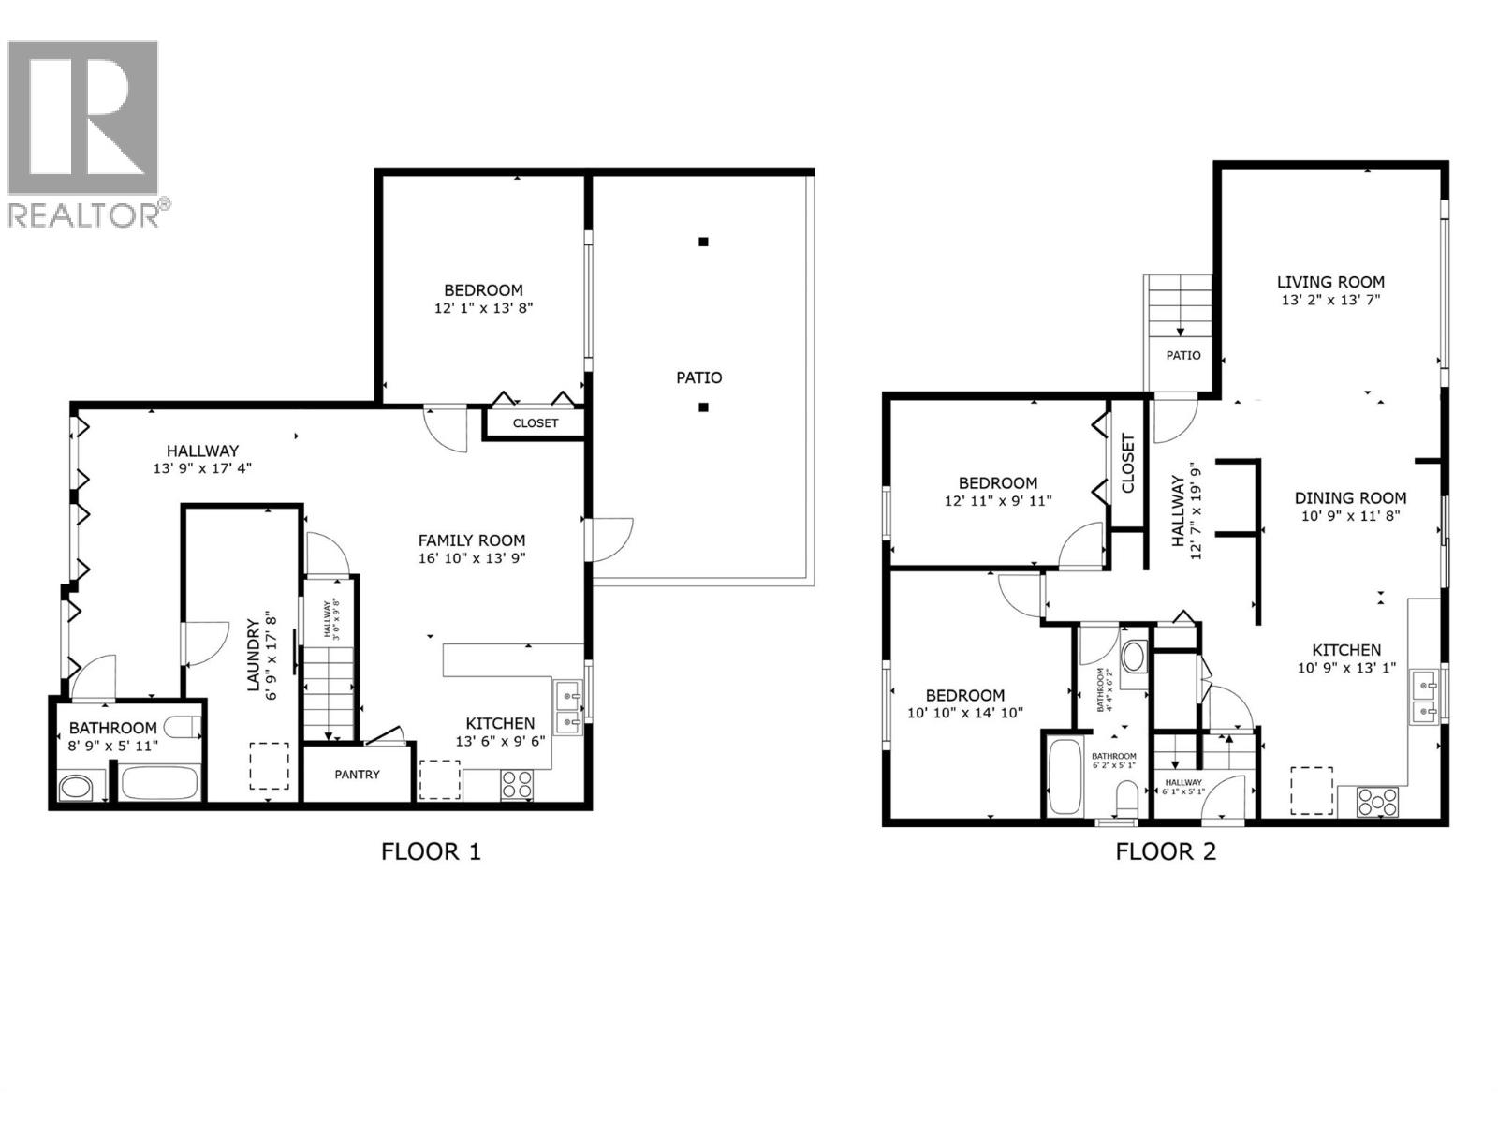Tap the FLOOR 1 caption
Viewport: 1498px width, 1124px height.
click(431, 851)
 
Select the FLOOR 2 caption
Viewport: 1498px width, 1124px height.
click(1165, 851)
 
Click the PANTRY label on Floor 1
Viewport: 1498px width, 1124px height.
click(358, 775)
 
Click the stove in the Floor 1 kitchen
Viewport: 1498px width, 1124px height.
click(517, 783)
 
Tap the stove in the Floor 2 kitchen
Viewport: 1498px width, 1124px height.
click(1377, 802)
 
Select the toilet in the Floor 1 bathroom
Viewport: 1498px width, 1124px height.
click(182, 727)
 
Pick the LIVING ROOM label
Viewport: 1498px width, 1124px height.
click(1330, 282)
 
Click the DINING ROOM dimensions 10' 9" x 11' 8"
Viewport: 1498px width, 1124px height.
click(1350, 515)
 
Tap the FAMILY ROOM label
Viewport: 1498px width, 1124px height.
click(472, 540)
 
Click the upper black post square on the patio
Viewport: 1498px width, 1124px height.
click(703, 242)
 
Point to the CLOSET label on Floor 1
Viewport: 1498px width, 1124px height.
click(536, 423)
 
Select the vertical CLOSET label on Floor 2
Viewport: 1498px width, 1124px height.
click(1127, 463)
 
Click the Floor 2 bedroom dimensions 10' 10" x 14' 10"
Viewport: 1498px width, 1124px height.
click(965, 713)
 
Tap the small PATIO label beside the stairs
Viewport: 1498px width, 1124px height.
click(1183, 356)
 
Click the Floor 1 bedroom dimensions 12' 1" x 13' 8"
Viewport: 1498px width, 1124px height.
click(483, 308)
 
